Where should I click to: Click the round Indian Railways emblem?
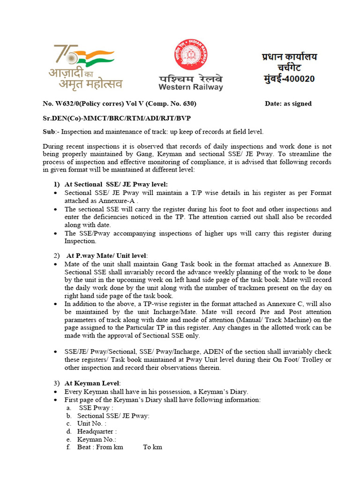[191, 55]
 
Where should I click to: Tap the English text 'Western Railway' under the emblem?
[190, 87]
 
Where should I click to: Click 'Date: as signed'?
[288, 104]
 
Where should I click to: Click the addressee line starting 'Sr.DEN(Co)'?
[117, 118]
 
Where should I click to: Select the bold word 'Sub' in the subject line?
[48, 132]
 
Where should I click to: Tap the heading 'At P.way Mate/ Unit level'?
[107, 255]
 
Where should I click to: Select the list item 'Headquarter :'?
[97, 431]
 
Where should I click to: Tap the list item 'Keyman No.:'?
[97, 439]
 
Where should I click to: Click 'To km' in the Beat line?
[152, 447]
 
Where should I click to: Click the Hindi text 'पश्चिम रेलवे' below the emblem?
[190, 78]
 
